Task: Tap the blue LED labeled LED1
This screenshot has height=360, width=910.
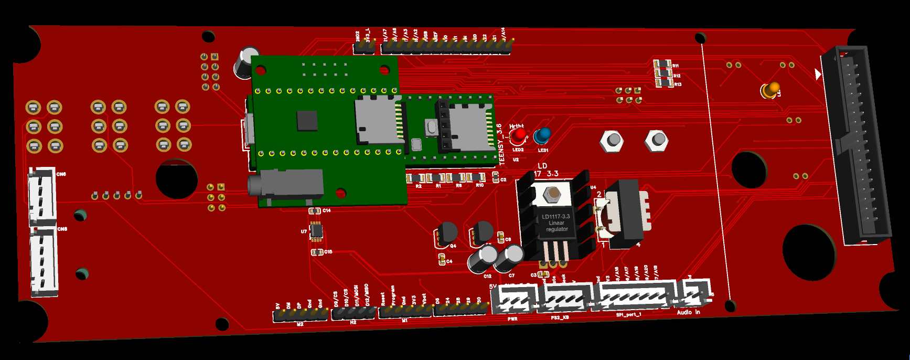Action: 542,136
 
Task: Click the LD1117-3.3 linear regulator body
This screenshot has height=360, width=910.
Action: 555,223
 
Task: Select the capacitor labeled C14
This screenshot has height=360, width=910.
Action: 314,211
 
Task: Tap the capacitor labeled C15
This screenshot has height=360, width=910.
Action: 316,252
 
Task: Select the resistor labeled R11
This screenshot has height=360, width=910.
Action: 662,65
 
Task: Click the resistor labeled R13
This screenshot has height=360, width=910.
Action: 664,83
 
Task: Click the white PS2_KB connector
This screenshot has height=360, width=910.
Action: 564,299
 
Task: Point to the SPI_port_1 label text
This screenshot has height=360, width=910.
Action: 628,315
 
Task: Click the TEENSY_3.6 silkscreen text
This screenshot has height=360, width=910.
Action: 500,144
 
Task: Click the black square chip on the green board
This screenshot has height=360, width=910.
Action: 307,120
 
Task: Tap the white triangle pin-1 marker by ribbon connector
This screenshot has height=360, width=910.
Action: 818,75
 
